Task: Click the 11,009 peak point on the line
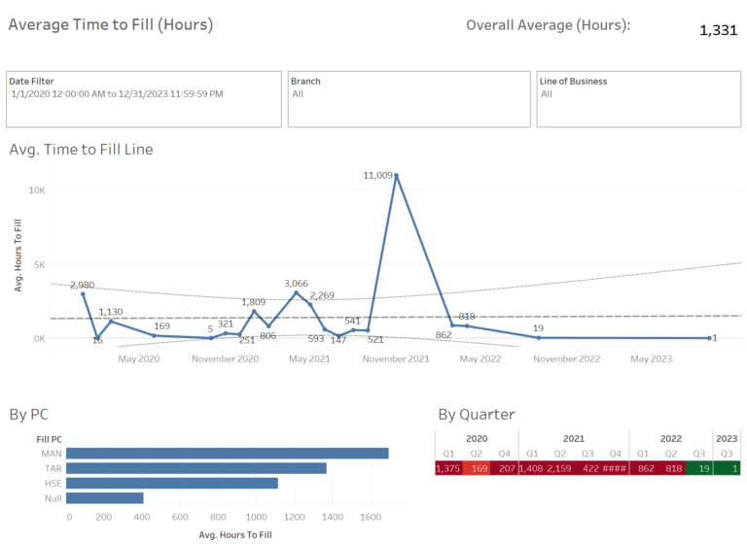(x=396, y=176)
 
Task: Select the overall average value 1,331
(x=718, y=30)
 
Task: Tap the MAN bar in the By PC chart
(x=228, y=454)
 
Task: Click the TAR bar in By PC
(x=196, y=468)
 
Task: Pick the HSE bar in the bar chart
(x=172, y=483)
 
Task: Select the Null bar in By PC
(x=105, y=498)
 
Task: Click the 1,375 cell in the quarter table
(x=449, y=467)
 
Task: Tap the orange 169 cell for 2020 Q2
(x=478, y=467)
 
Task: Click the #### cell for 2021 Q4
(x=615, y=467)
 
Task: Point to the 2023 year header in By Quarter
(x=727, y=437)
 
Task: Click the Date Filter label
(x=32, y=82)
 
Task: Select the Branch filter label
(x=305, y=82)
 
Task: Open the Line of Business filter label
(x=573, y=82)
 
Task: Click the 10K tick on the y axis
(x=37, y=190)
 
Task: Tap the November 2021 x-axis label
(x=396, y=359)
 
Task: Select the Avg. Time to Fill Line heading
(x=81, y=150)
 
